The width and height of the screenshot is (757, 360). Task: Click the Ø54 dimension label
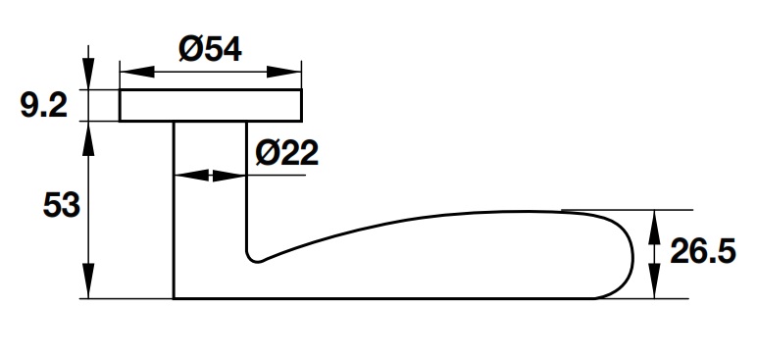pyautogui.click(x=210, y=49)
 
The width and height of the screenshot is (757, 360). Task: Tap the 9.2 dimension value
pyautogui.click(x=44, y=106)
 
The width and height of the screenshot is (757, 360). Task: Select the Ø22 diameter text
pyautogui.click(x=286, y=153)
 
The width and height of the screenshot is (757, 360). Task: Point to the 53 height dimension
pyautogui.click(x=62, y=204)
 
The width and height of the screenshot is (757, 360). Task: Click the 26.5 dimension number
pyautogui.click(x=703, y=251)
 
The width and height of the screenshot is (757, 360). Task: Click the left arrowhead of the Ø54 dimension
pyautogui.click(x=136, y=72)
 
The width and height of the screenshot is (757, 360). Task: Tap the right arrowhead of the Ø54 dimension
pyautogui.click(x=284, y=72)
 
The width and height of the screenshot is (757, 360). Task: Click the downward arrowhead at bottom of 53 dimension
pyautogui.click(x=88, y=282)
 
